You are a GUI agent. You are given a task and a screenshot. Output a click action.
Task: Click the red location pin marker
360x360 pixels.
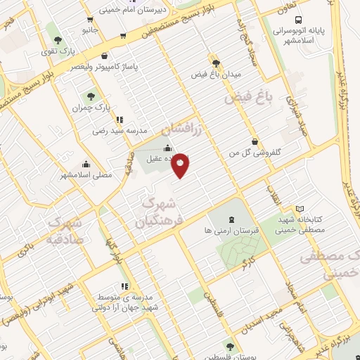pos(181,165)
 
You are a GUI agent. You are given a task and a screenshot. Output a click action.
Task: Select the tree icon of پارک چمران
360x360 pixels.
pos(90,95)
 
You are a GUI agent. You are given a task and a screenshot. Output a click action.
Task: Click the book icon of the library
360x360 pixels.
pos(300,209)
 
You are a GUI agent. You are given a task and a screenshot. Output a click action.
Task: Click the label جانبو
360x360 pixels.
pos(89,30)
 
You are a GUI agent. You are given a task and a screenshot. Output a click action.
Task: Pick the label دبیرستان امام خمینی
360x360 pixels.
pos(129,11)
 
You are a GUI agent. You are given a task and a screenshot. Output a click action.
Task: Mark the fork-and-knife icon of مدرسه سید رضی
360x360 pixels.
pos(120,120)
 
